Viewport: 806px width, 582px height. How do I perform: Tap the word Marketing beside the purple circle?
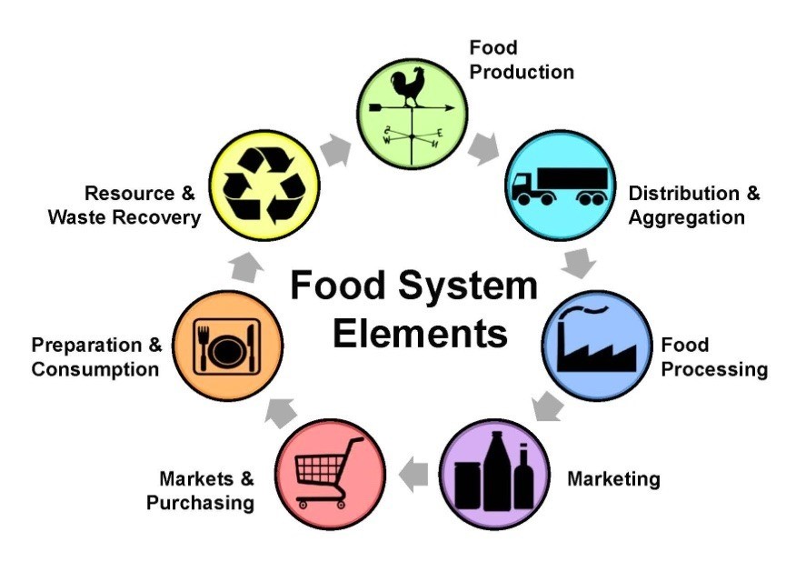coord(613,478)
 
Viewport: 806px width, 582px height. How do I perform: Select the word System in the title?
coord(472,286)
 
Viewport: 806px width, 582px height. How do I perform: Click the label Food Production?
coord(521,59)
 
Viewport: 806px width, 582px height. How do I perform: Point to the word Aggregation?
coord(686,217)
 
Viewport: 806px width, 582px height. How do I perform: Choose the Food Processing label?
coord(714,357)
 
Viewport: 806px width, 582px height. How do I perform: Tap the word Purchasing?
coord(202,502)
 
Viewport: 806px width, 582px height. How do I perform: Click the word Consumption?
coord(95,369)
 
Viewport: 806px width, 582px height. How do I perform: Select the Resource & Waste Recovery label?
coord(124,206)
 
